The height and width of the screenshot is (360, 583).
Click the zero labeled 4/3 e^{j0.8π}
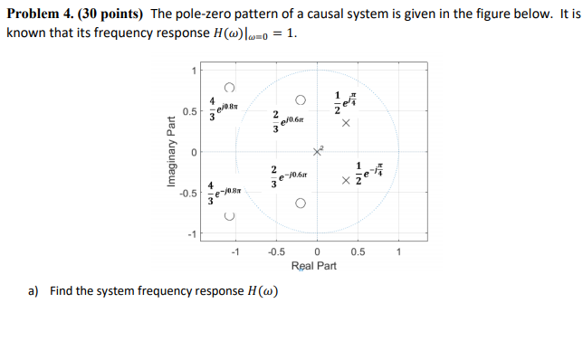(x=230, y=88)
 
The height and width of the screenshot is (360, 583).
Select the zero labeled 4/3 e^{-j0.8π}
(x=230, y=218)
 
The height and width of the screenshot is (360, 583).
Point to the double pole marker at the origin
(x=318, y=151)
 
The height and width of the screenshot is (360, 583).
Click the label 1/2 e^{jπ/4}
(x=345, y=101)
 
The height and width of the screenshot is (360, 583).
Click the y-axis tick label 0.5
(x=188, y=111)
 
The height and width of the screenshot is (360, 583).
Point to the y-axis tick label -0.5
(x=186, y=193)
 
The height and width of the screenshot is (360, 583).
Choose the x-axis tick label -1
(x=235, y=252)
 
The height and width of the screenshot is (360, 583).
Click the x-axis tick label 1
(x=398, y=252)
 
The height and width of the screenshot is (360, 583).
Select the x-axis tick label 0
(x=317, y=252)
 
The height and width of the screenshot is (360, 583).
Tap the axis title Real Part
(x=314, y=266)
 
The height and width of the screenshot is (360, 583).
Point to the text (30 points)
(x=111, y=14)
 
